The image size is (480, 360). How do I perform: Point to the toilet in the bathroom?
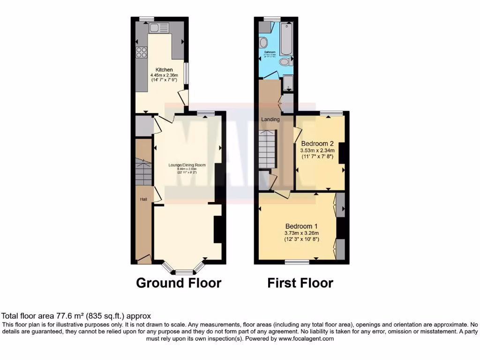click(284, 62)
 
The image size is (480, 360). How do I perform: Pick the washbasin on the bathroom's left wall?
click(263, 42)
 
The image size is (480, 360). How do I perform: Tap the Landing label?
click(270, 119)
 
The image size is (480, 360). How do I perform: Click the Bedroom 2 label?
click(317, 143)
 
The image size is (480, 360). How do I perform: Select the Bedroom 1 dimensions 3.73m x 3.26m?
click(301, 233)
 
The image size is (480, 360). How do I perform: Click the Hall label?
click(143, 200)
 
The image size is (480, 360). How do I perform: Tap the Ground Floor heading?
click(179, 283)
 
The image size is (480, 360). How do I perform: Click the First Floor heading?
click(300, 283)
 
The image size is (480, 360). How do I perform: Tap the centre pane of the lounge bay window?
click(184, 272)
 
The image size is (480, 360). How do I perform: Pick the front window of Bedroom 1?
click(298, 262)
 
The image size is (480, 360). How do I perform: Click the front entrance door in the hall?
click(143, 258)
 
